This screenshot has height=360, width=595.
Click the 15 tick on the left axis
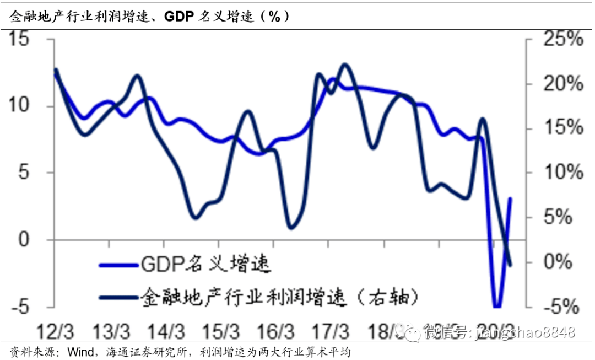(x=20, y=40)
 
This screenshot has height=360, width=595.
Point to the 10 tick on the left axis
(x=20, y=106)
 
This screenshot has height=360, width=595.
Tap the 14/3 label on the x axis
(x=166, y=332)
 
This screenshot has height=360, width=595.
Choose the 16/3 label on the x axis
(x=276, y=332)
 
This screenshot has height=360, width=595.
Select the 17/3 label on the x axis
(x=332, y=332)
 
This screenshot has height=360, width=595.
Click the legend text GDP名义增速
(x=207, y=265)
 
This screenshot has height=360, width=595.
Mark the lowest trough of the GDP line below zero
(x=497, y=307)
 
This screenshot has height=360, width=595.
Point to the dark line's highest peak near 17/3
(x=345, y=65)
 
